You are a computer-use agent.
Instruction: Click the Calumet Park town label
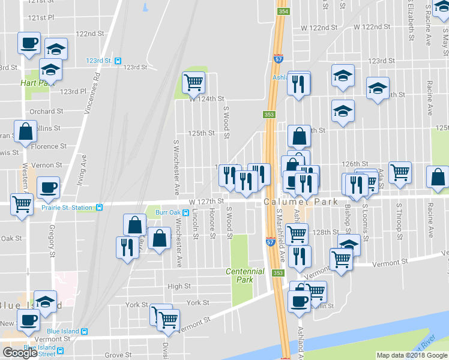291,202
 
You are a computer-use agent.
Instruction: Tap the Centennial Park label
245,275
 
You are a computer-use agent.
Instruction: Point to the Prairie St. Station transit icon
99,208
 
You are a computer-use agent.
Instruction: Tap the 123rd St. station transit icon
118,61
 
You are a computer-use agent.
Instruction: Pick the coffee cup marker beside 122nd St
29,43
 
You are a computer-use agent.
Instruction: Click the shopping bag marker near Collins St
26,132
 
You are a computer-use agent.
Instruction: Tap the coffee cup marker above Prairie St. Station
49,187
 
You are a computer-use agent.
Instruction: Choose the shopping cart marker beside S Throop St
400,172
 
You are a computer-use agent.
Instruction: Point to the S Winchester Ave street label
176,168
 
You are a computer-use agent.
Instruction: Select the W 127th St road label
205,202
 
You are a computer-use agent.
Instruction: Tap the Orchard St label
47,111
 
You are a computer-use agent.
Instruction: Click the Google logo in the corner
20,352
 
